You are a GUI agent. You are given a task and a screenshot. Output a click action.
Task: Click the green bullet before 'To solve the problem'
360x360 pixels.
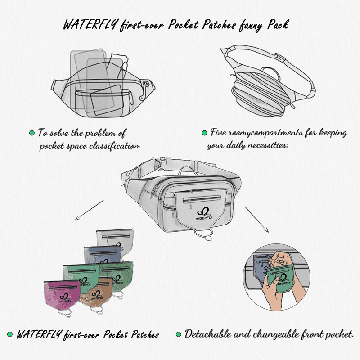[x=32, y=134]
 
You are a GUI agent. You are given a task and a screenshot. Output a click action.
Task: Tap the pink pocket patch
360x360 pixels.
[x=61, y=294]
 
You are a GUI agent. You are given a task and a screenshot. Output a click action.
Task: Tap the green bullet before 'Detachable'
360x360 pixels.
[x=178, y=334]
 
